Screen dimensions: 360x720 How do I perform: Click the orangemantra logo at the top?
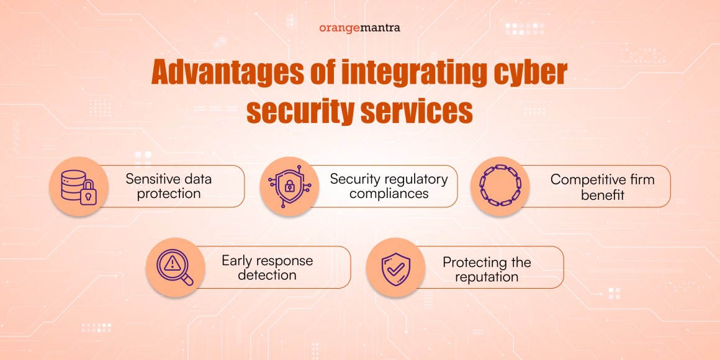[x=359, y=28]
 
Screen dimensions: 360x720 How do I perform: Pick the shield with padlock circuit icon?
[x=289, y=186]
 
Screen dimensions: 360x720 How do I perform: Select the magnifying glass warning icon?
[x=176, y=268]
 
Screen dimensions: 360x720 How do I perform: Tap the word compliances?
[x=389, y=194]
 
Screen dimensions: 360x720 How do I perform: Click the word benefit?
[x=602, y=194]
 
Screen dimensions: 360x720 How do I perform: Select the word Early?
[x=236, y=261]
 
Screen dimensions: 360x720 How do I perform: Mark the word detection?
[x=267, y=275]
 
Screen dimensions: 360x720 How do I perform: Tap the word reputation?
[x=487, y=277]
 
